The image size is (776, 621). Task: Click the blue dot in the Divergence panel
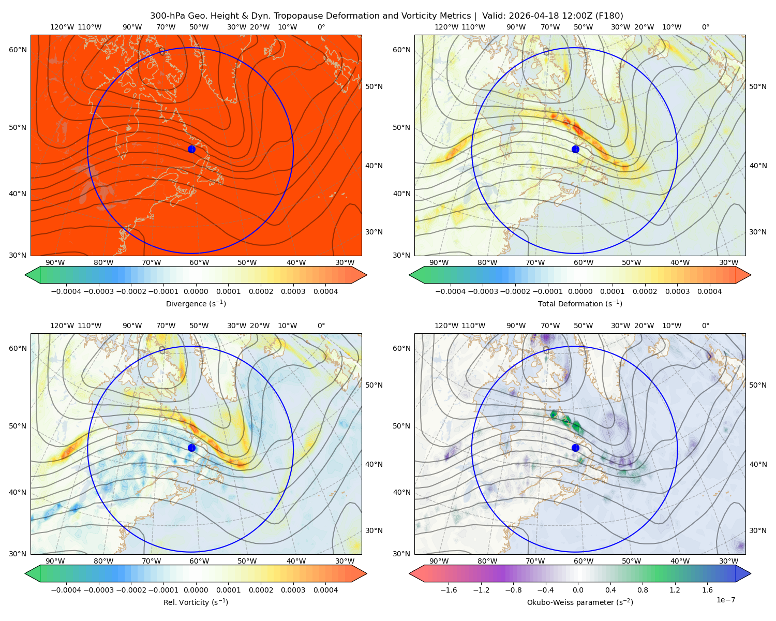pos(191,149)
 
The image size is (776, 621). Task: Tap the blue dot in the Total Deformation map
pos(575,149)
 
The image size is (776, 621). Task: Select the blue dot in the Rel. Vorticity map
pos(191,448)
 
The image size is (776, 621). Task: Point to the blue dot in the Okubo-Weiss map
pos(575,448)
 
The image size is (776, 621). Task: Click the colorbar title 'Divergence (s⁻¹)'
pos(196,303)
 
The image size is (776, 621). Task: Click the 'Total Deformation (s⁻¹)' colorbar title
pos(580,303)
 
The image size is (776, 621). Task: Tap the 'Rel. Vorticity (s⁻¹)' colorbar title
pos(196,602)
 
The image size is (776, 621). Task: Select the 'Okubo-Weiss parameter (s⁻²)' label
pos(580,602)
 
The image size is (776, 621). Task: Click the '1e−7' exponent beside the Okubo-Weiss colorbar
pos(725,599)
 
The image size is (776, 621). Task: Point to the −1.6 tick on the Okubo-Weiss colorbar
pos(449,589)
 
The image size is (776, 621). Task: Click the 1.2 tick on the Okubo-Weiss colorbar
pos(675,589)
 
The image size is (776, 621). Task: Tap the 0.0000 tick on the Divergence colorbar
pos(196,291)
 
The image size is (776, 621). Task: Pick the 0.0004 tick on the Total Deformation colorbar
pos(709,291)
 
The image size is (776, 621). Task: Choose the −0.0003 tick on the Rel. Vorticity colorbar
pos(98,589)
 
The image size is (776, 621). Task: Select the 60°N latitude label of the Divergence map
pos(18,50)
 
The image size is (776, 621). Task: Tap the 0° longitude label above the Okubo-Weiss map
pos(705,326)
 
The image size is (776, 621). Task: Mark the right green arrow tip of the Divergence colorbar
pos(367,275)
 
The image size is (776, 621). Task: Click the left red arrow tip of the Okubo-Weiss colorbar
pos(409,573)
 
